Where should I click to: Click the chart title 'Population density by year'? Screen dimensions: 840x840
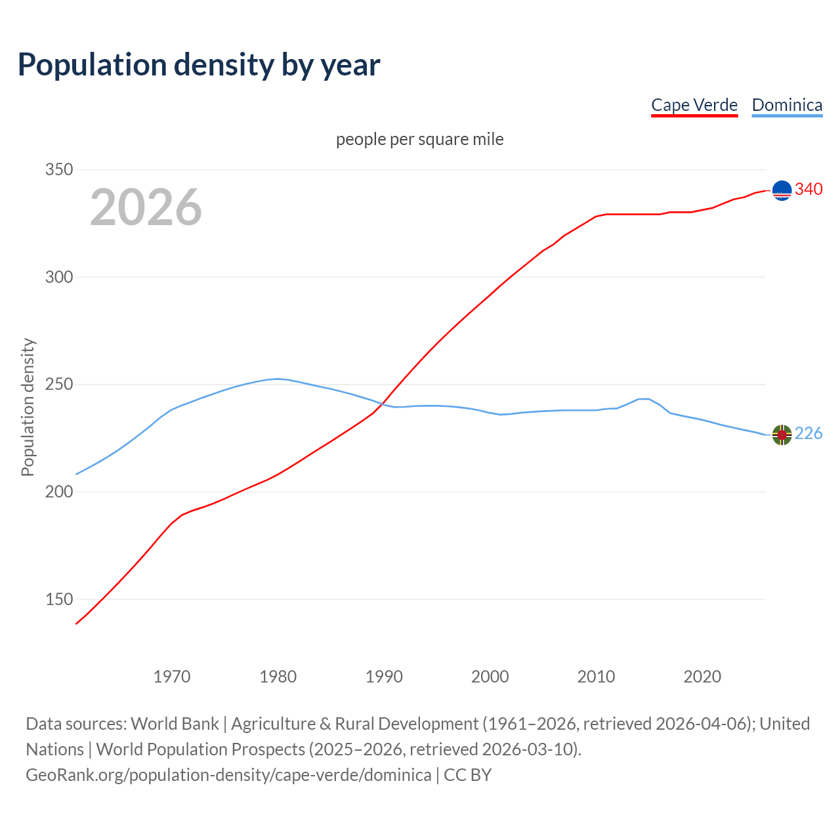point(199,65)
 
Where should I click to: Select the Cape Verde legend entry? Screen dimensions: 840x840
point(694,105)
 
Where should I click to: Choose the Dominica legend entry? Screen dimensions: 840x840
point(787,105)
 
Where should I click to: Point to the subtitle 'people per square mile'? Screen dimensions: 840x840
point(420,139)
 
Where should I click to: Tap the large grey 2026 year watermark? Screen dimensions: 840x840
point(146,207)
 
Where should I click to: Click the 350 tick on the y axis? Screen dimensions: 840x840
point(58,169)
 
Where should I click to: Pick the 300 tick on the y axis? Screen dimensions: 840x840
point(58,277)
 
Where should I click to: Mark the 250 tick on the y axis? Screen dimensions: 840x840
point(58,384)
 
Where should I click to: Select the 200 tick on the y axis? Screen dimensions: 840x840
point(58,492)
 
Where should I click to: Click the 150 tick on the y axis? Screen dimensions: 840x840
point(58,599)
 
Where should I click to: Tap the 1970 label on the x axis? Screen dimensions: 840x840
point(172,677)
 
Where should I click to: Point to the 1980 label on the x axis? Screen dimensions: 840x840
point(278,677)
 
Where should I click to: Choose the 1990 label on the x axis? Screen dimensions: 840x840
point(384,677)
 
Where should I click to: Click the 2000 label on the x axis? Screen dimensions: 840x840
point(490,677)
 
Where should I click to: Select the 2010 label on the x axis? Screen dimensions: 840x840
point(597,677)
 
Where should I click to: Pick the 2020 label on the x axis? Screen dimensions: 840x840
point(702,677)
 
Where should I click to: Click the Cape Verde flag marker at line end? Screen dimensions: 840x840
point(782,190)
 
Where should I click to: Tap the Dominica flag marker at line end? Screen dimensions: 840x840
point(782,434)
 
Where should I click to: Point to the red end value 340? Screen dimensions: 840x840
point(808,190)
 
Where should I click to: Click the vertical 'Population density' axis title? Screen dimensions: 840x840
point(28,407)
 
